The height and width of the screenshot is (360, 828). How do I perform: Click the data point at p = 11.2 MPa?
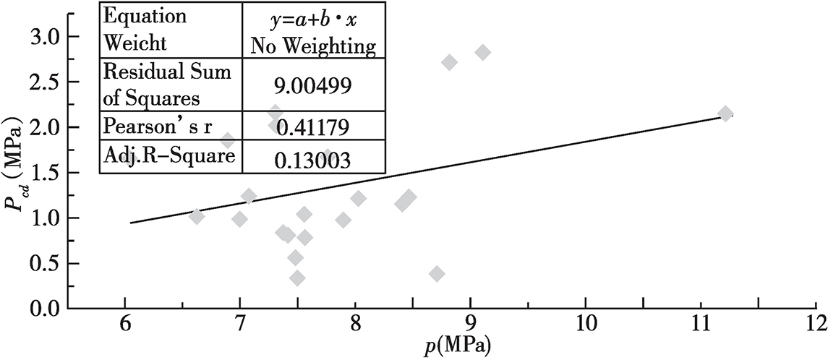(x=725, y=113)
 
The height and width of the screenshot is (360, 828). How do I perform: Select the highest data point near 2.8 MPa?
(x=483, y=52)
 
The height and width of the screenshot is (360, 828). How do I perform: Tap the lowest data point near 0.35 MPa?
(x=296, y=278)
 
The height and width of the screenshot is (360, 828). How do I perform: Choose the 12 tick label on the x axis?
(x=816, y=321)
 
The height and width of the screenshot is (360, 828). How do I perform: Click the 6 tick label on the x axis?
(x=124, y=321)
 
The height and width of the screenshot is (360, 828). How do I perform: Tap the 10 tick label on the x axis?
(x=586, y=321)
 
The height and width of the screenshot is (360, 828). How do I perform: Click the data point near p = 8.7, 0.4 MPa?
(x=436, y=273)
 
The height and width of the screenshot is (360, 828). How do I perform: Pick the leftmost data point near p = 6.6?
(x=197, y=216)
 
